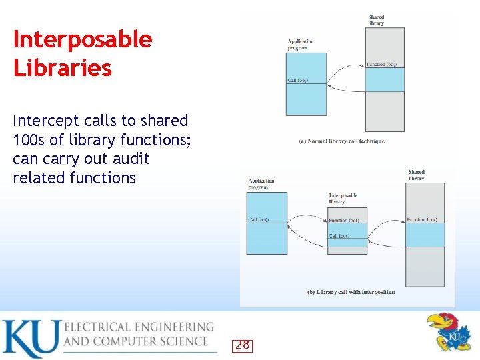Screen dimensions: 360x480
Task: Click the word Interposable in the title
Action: (x=83, y=40)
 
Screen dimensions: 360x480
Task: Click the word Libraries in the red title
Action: (x=63, y=68)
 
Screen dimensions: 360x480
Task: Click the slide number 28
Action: (x=243, y=345)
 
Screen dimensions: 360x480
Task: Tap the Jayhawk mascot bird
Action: (x=449, y=332)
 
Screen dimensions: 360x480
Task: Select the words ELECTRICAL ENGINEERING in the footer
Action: (x=139, y=327)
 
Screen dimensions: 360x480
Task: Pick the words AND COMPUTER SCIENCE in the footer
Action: (x=136, y=341)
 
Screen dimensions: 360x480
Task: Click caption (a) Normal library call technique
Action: (x=341, y=141)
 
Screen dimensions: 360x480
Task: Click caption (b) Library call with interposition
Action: (x=351, y=292)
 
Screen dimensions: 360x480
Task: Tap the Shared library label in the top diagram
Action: (x=376, y=20)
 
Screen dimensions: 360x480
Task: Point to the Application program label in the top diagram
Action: (x=301, y=45)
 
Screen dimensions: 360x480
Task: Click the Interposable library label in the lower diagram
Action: (x=343, y=199)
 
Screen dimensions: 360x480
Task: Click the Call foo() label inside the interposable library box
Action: (x=339, y=236)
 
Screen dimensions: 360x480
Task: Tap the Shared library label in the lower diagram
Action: (x=416, y=175)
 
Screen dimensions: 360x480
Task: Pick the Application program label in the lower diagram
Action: (x=261, y=184)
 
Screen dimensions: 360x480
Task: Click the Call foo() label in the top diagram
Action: (x=297, y=81)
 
